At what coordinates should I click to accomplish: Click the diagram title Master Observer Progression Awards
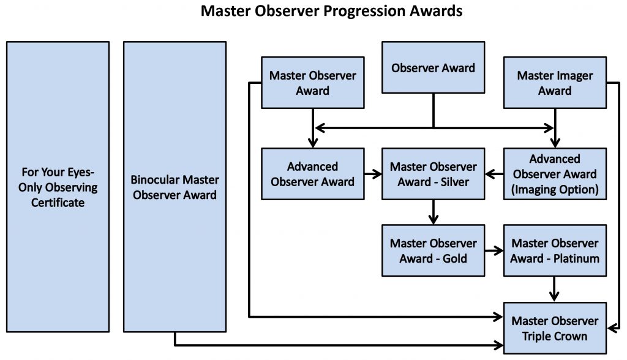[331, 11]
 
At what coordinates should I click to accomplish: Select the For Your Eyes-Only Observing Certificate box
[58, 187]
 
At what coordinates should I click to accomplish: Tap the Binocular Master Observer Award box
[175, 187]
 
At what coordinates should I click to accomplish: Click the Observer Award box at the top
[433, 67]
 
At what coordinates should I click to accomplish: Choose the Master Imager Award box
[555, 83]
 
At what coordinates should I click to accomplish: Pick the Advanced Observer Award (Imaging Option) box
[555, 174]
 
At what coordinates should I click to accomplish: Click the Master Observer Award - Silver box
[433, 174]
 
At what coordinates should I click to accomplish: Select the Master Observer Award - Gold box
[433, 250]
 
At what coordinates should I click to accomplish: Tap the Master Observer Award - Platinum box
[555, 250]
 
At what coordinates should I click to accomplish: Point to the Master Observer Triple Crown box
[555, 328]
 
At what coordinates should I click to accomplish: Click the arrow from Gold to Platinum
[494, 251]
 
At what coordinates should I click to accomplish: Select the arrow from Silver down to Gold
[434, 212]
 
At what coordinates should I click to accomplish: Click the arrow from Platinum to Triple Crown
[554, 289]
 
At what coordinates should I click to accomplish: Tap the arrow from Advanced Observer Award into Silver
[373, 174]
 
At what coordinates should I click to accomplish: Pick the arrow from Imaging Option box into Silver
[494, 174]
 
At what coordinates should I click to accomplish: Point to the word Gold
[455, 258]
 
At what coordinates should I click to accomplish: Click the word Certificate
[58, 203]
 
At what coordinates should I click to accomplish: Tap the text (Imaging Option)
[555, 189]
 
